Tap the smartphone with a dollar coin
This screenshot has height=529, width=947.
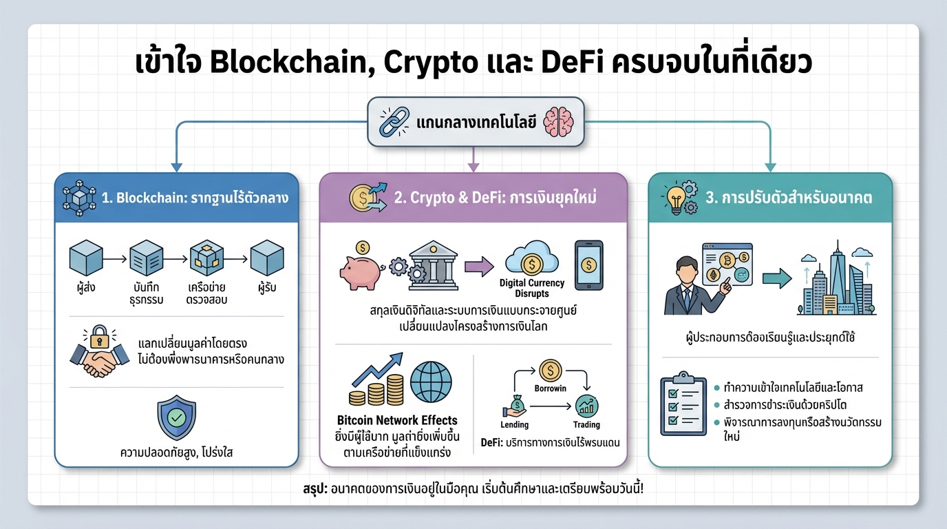tap(588, 264)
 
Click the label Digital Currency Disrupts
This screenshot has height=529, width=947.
tap(531, 288)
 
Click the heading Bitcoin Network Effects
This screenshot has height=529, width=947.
tap(397, 420)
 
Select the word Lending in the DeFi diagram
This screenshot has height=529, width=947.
tap(514, 425)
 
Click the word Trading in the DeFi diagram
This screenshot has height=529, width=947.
tap(586, 425)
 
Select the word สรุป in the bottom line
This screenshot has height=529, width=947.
tap(316, 488)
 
